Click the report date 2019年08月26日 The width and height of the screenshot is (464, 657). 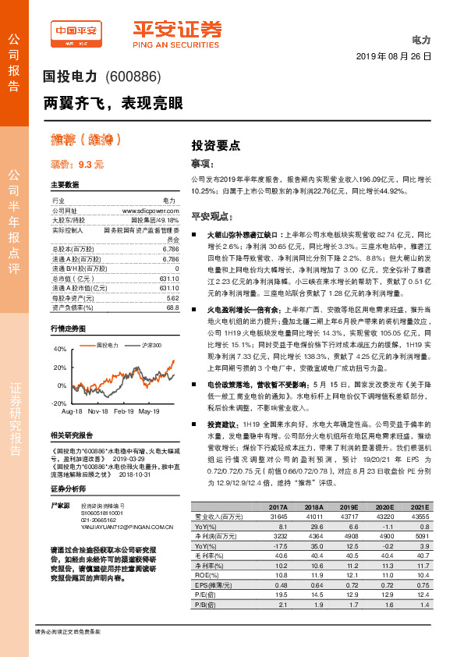[393, 57]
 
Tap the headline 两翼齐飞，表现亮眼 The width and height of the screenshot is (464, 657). [114, 103]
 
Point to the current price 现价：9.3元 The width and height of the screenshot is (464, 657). [76, 165]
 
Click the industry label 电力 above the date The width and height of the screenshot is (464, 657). [421, 39]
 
